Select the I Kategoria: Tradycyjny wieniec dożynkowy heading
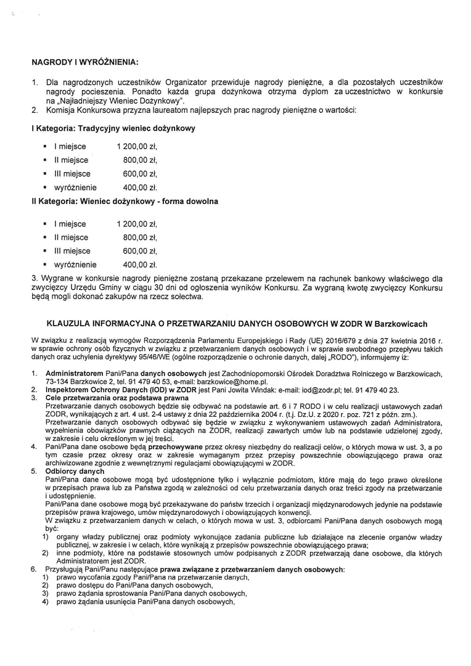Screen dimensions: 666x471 [x=113, y=128]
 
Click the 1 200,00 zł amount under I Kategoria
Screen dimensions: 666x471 [x=137, y=147]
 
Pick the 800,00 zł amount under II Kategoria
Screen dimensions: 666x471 [x=140, y=237]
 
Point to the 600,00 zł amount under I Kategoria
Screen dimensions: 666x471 [x=140, y=174]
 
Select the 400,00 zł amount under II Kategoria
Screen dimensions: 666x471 [x=140, y=265]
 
